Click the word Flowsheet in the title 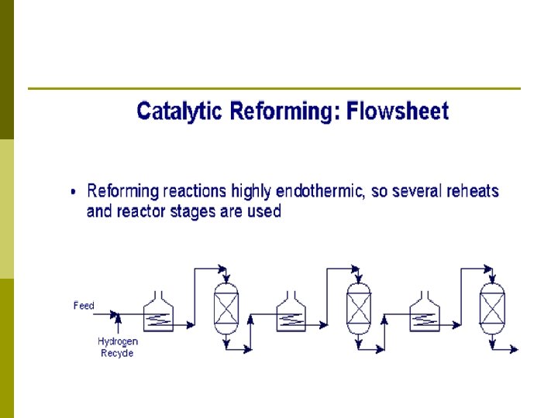[397, 112]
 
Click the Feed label [84, 306]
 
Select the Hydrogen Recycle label [118, 347]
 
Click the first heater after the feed [159, 313]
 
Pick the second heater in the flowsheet [291, 313]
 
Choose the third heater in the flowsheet [424, 313]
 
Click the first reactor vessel [226, 308]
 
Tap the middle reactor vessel [358, 308]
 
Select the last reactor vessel [491, 308]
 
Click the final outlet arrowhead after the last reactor [514, 350]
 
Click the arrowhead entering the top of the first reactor [225, 279]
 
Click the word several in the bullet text [417, 191]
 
